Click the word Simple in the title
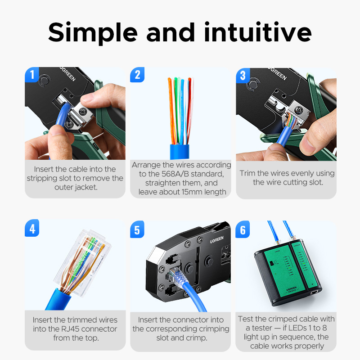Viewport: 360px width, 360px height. (93, 33)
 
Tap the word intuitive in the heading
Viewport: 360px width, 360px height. (258, 32)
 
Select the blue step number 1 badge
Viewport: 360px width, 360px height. (31, 75)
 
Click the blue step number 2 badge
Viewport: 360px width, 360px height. (137, 75)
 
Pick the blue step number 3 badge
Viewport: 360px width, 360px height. (243, 75)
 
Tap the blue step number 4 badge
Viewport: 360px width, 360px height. (32, 229)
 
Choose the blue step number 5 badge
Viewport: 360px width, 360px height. (137, 229)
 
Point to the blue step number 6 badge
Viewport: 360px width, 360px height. (243, 229)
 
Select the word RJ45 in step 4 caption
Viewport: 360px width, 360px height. (70, 329)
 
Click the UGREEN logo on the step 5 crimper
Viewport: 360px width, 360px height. (217, 240)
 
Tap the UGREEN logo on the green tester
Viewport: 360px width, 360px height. (292, 289)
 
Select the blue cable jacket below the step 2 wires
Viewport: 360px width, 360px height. (180, 152)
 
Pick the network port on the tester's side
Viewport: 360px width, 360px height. (314, 292)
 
